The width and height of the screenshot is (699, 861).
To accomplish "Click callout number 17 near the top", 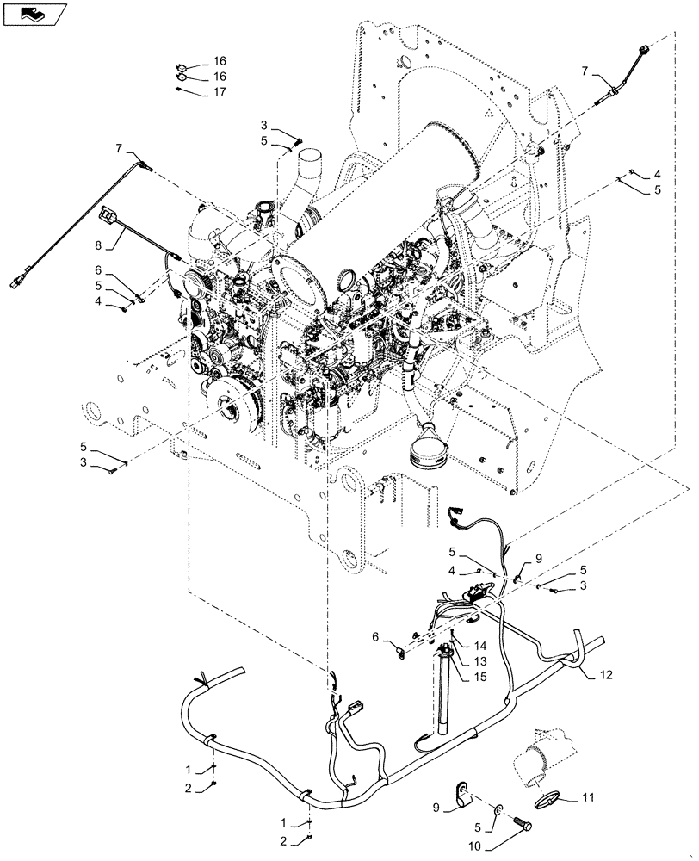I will tap(220, 92).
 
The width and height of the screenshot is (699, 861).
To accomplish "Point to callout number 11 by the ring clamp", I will tap(587, 798).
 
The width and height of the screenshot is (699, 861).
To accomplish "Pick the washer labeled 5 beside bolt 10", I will tap(498, 809).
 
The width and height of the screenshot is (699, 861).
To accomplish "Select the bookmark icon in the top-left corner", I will tap(34, 13).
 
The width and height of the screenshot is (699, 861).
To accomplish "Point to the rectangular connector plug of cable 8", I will tap(108, 212).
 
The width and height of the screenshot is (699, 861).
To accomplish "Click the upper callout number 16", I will tap(220, 61).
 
